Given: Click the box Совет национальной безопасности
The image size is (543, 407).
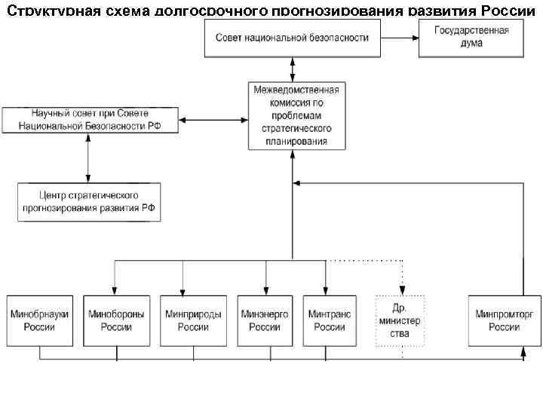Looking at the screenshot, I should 292,38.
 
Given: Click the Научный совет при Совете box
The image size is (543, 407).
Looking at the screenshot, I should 90,120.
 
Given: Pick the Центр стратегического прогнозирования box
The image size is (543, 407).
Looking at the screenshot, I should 89,201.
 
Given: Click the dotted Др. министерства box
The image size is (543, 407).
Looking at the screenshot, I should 400,320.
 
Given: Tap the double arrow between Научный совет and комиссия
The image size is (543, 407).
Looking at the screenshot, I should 214,120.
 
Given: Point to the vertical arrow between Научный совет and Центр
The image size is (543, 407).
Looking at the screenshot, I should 89,156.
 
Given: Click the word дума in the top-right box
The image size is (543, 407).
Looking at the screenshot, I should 471,44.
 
